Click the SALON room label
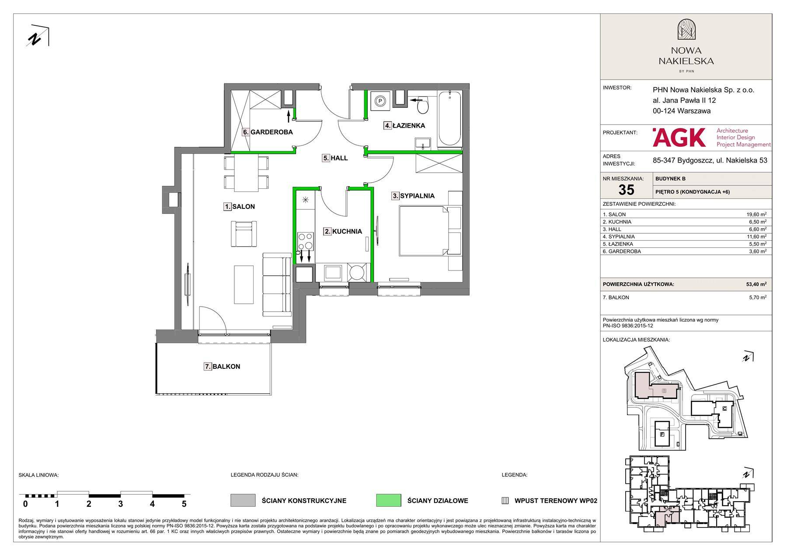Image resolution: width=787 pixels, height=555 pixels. pyautogui.click(x=239, y=207)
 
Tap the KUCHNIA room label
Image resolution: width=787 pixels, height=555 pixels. pyautogui.click(x=343, y=232)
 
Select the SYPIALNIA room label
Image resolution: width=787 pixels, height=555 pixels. pyautogui.click(x=413, y=196)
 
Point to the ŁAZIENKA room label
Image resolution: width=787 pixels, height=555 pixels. pyautogui.click(x=404, y=126)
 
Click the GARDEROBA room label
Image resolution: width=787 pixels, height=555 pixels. pyautogui.click(x=268, y=132)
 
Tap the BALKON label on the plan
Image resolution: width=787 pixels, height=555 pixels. pyautogui.click(x=222, y=367)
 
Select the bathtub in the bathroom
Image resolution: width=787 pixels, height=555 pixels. pyautogui.click(x=449, y=118)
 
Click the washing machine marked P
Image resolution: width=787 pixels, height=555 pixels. pyautogui.click(x=380, y=101)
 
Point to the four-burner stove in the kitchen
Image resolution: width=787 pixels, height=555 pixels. pyautogui.click(x=305, y=241)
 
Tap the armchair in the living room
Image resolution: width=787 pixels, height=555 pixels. pyautogui.click(x=244, y=233)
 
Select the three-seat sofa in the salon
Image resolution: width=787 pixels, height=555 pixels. pyautogui.click(x=277, y=284)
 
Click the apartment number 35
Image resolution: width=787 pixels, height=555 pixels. pyautogui.click(x=626, y=190)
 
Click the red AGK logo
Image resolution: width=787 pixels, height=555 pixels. pyautogui.click(x=679, y=137)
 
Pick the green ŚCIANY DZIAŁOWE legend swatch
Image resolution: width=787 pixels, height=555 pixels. pyautogui.click(x=388, y=500)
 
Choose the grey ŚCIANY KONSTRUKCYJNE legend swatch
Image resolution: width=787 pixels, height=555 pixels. pyautogui.click(x=243, y=500)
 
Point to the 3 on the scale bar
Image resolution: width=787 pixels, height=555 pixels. pyautogui.click(x=120, y=504)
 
